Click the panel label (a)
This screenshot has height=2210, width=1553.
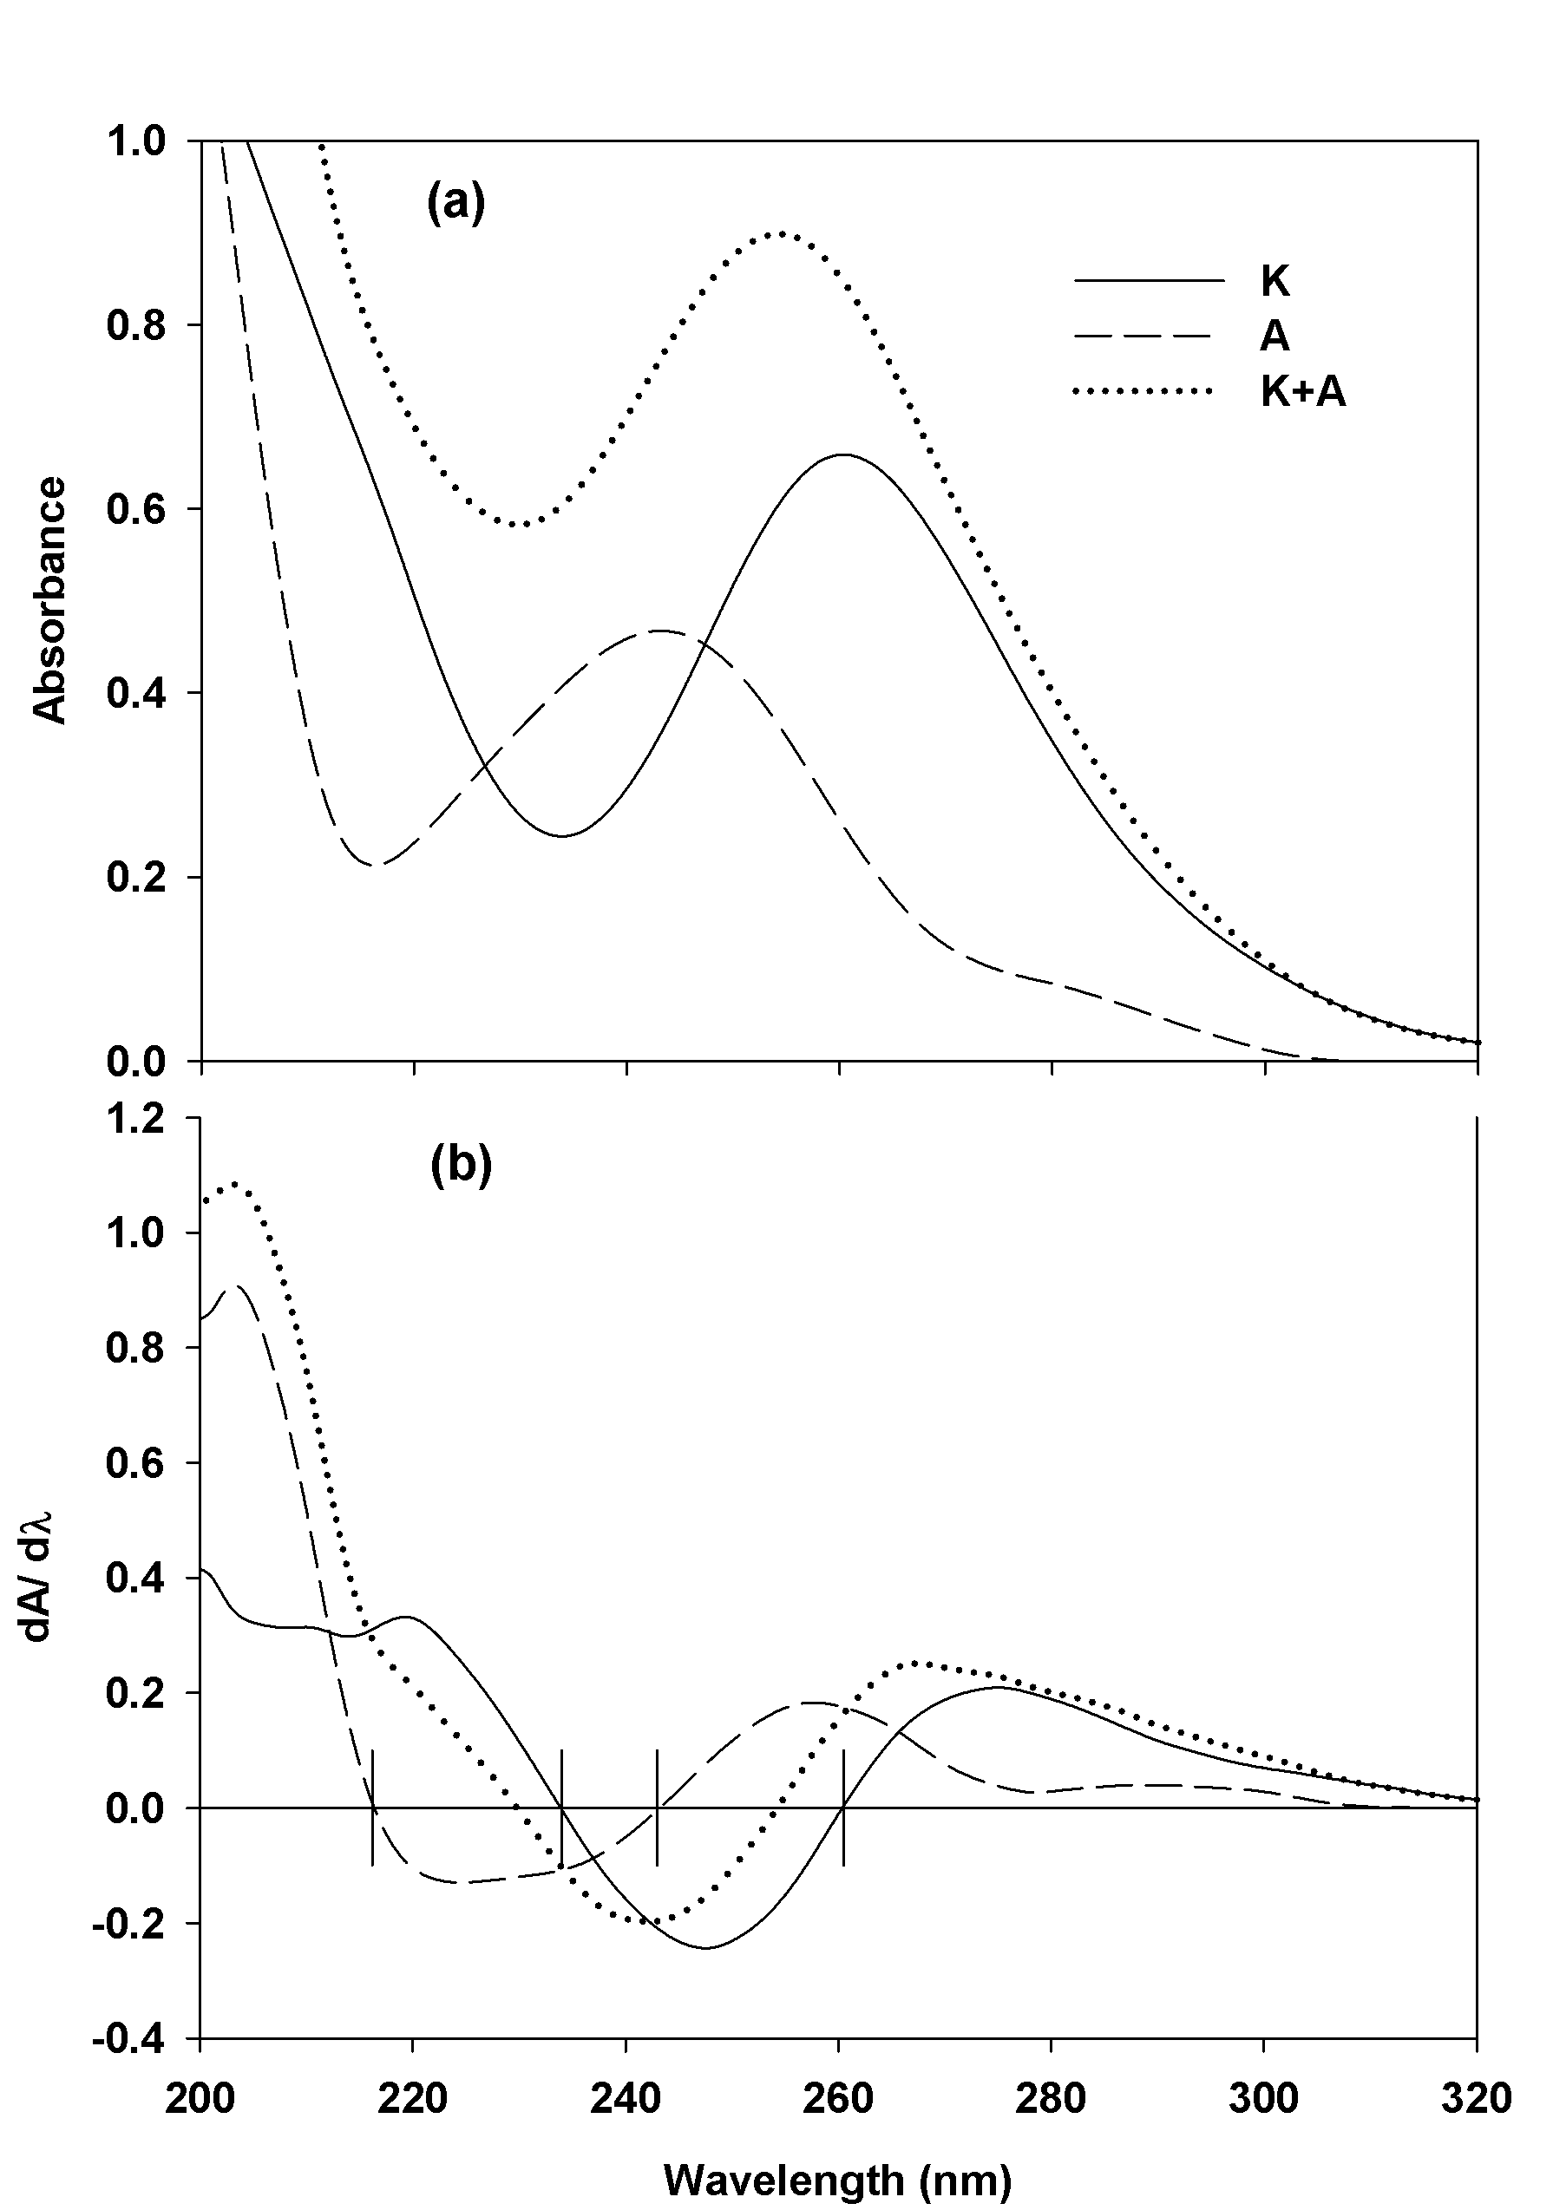(455, 203)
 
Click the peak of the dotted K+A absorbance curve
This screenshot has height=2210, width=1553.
(782, 233)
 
